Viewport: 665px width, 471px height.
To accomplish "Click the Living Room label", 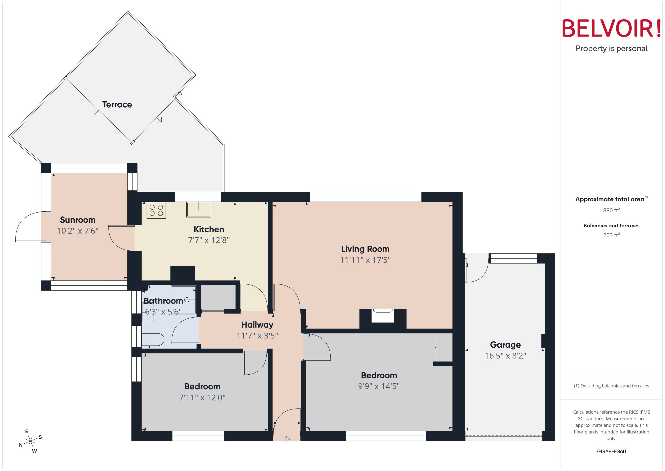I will [365, 249].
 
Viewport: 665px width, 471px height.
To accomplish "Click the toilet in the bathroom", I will [153, 339].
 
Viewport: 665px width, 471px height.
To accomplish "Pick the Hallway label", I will [257, 325].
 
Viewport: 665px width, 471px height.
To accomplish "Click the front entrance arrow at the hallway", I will [287, 439].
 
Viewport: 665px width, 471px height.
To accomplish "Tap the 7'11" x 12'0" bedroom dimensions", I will [202, 397].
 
